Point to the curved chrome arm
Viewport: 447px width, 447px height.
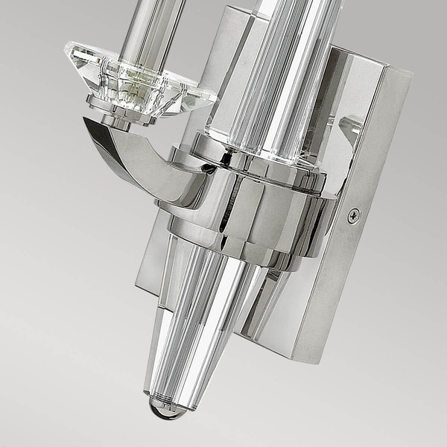pyautogui.click(x=134, y=160)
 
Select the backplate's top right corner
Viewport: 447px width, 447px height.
pyautogui.click(x=410, y=74)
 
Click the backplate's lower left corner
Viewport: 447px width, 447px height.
pyautogui.click(x=145, y=294)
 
